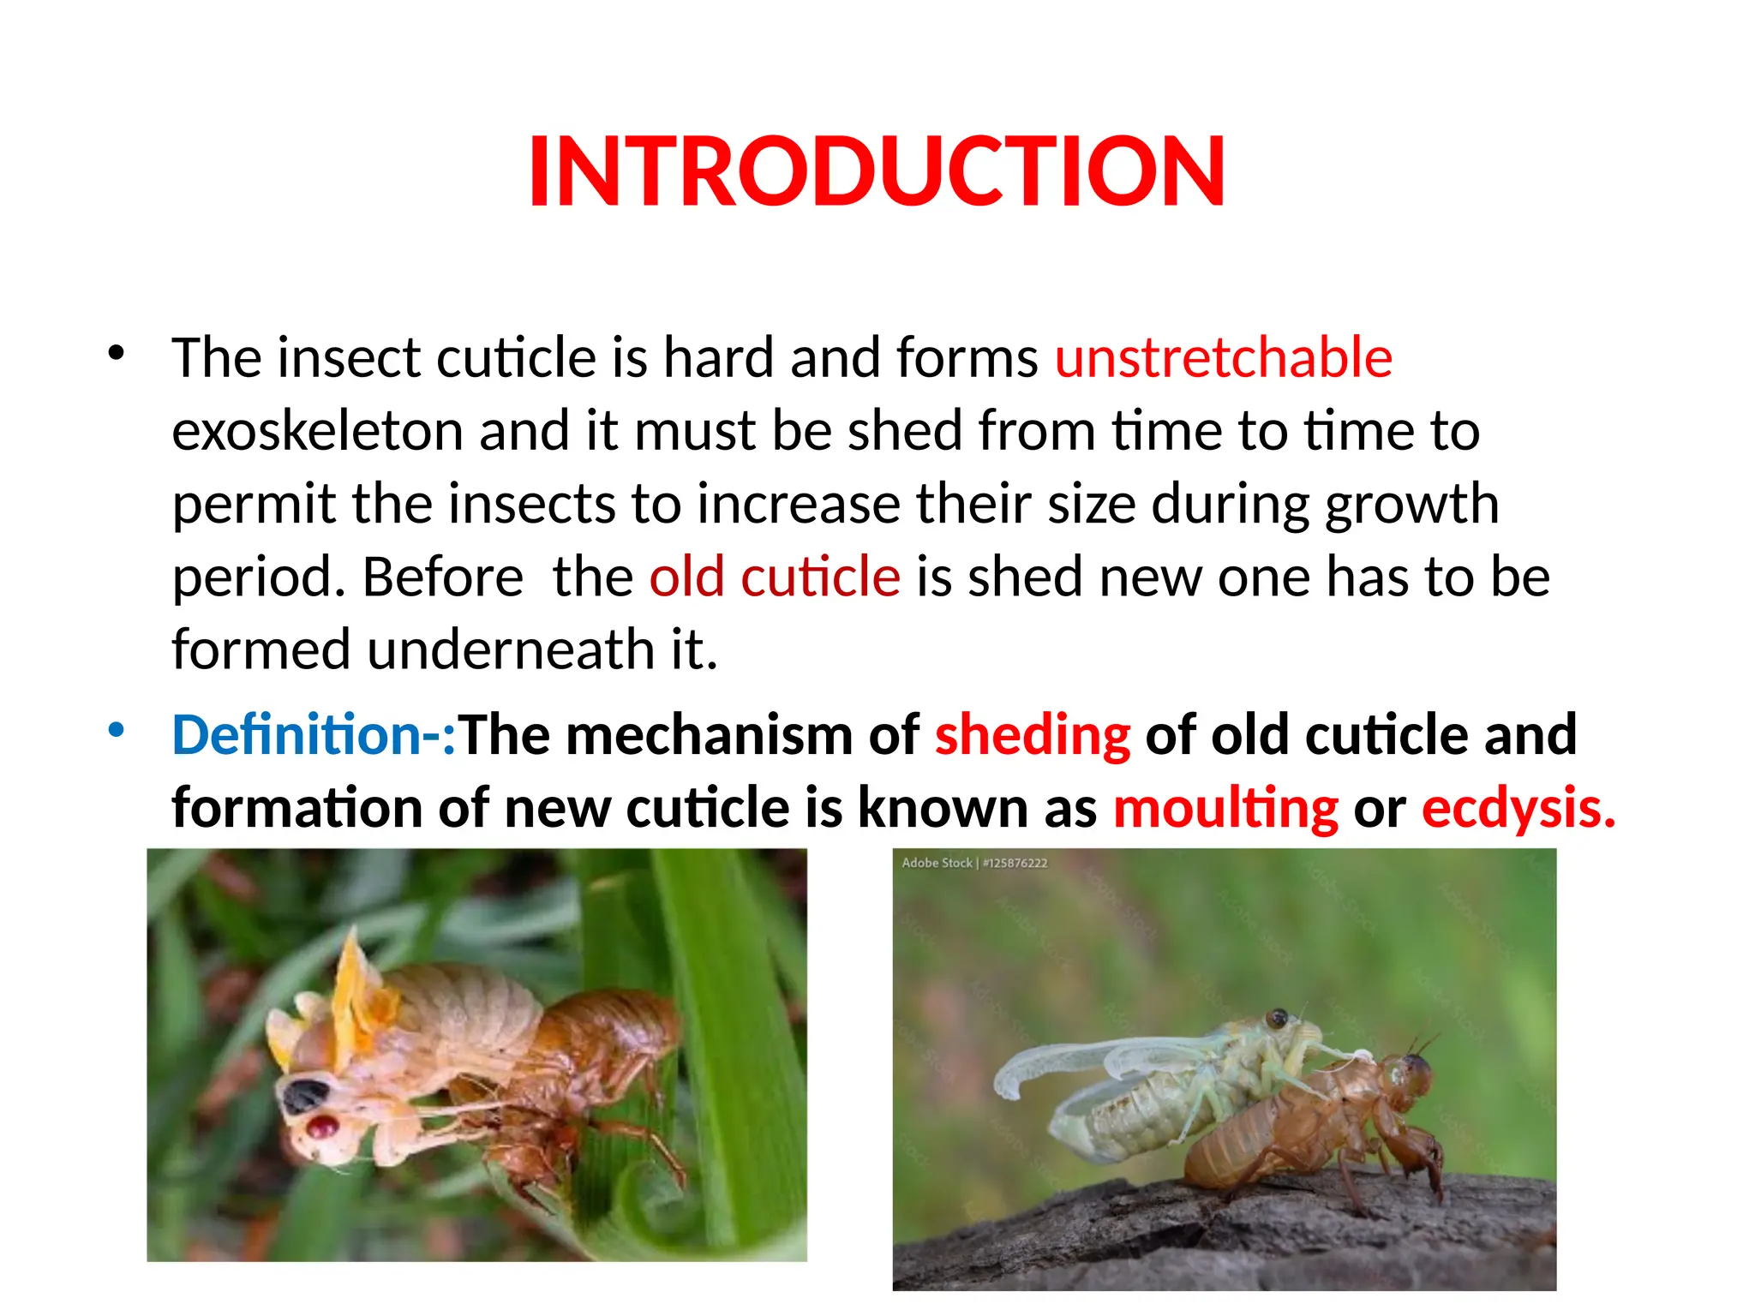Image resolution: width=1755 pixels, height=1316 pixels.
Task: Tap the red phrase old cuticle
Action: (775, 577)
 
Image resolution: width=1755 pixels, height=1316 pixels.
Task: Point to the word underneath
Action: (512, 649)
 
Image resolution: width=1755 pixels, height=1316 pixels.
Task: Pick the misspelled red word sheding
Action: (1032, 735)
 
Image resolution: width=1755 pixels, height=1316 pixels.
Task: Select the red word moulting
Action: (1225, 808)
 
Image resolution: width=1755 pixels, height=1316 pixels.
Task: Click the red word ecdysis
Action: (1518, 808)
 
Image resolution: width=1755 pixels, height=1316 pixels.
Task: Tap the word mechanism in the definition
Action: (709, 735)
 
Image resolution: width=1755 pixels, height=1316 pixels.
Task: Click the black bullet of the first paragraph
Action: (117, 353)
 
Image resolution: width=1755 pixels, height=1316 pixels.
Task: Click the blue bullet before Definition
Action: (117, 731)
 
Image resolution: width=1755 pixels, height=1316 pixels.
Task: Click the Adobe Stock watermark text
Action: (973, 863)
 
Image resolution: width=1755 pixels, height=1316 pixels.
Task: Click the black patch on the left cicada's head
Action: (305, 1096)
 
